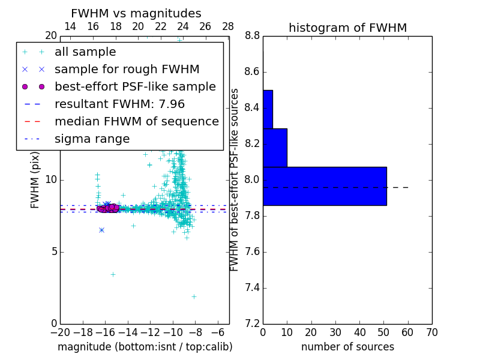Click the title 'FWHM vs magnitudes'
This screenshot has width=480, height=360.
136,14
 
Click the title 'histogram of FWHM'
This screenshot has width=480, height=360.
347,28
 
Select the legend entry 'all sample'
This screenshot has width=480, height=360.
85,52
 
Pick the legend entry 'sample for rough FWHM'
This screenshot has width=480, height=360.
127,70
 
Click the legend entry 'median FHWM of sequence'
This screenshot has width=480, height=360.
136,121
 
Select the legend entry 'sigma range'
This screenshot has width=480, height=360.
92,139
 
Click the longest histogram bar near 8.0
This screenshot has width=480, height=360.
325,186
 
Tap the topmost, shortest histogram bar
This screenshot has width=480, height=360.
268,109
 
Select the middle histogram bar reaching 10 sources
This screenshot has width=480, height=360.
275,148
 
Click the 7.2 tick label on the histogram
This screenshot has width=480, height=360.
251,323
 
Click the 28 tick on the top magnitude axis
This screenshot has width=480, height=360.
228,26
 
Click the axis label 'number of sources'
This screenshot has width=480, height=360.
347,347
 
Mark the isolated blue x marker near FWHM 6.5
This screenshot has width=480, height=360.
101,230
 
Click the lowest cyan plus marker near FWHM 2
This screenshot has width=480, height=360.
194,296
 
